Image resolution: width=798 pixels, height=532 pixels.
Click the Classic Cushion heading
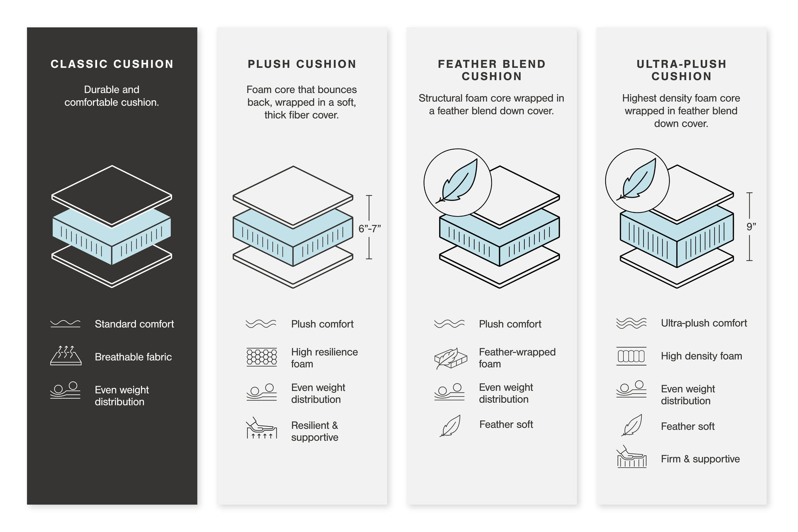tap(112, 64)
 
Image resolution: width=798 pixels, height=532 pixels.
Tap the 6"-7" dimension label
tap(369, 229)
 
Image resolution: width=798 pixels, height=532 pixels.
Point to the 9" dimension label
tap(751, 227)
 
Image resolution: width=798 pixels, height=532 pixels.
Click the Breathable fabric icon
tap(66, 356)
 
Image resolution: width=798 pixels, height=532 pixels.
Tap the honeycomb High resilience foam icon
tap(262, 357)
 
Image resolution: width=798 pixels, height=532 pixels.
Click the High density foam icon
tap(631, 356)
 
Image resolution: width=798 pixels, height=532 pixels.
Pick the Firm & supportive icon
tap(631, 458)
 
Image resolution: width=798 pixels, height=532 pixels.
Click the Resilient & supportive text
tap(315, 431)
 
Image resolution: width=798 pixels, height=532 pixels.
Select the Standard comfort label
tap(134, 324)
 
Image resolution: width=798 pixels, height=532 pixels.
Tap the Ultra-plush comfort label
tap(704, 323)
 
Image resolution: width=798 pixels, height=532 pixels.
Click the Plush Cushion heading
tap(302, 64)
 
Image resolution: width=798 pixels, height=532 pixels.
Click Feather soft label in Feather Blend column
tap(506, 424)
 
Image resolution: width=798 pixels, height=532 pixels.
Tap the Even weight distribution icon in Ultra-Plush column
tap(631, 389)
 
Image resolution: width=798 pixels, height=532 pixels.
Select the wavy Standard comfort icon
tap(65, 324)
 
